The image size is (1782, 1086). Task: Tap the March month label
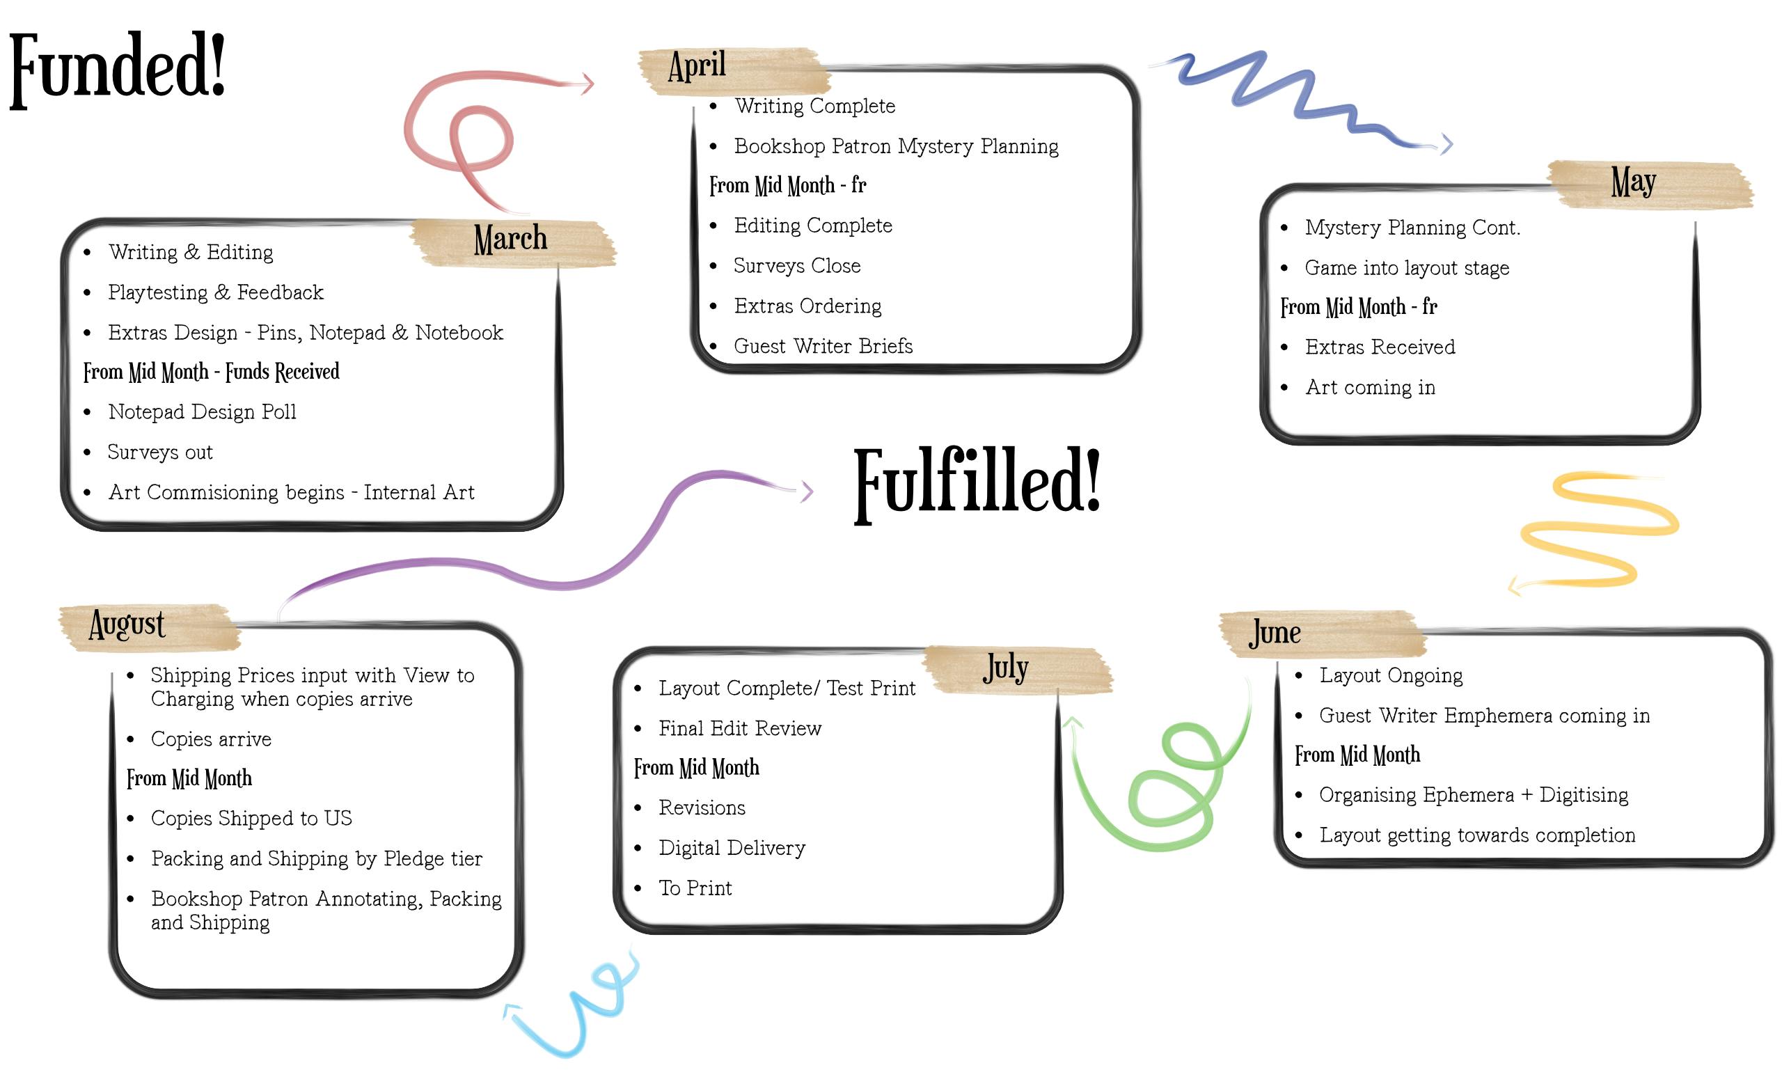coord(511,239)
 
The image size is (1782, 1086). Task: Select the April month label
coord(697,67)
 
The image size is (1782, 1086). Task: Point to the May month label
coord(1633,182)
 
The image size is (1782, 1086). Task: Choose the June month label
coord(1275,633)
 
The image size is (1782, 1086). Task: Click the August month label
coord(127,624)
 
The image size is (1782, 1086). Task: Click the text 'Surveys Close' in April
coord(797,266)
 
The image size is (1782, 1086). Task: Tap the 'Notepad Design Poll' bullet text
coord(202,412)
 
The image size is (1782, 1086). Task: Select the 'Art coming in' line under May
coord(1370,388)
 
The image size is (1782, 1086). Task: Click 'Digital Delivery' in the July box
coord(732,848)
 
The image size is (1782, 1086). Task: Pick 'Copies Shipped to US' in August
coord(251,819)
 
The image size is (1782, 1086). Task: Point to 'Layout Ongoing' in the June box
coord(1391,675)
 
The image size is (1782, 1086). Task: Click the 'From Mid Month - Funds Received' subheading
coord(211,372)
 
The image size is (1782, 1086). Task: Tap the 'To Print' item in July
coord(695,888)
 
